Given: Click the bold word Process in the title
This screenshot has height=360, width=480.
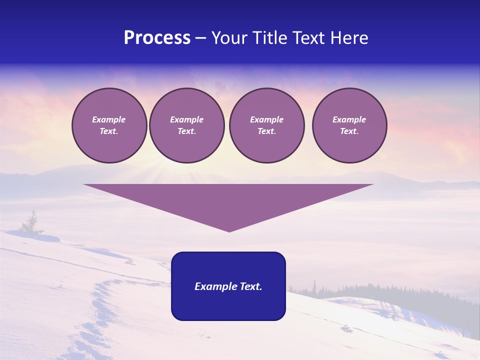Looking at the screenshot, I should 157,38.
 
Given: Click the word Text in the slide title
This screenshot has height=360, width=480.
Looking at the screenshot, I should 310,38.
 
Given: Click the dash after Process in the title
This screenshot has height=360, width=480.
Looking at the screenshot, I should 200,38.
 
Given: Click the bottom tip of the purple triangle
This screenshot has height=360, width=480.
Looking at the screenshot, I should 229,230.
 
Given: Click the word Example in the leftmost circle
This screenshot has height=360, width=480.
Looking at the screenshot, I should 109,119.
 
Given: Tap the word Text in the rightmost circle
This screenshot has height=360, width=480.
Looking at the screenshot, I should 349,131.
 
